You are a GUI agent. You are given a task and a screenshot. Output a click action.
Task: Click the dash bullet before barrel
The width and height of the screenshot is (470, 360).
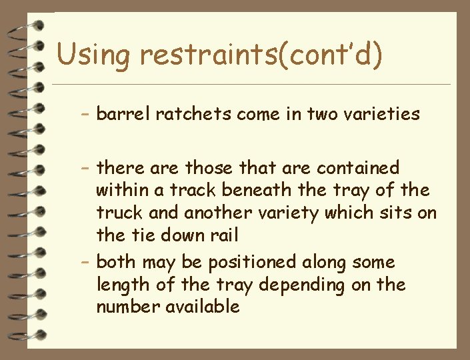(x=84, y=115)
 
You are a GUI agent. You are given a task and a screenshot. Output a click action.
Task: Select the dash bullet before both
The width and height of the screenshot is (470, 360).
(x=84, y=263)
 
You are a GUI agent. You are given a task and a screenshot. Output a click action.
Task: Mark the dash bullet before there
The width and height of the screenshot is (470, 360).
(x=84, y=168)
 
